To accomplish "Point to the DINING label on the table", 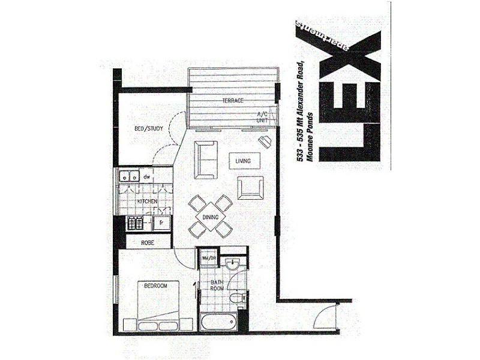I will [x=210, y=218].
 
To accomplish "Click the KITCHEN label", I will [x=147, y=202].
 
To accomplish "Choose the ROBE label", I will [x=148, y=242].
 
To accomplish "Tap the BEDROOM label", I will [x=155, y=287].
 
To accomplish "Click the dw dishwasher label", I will [x=146, y=176].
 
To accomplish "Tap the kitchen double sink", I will [x=128, y=176].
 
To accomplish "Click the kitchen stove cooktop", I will [x=133, y=224].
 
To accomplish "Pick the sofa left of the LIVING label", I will [x=205, y=160].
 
